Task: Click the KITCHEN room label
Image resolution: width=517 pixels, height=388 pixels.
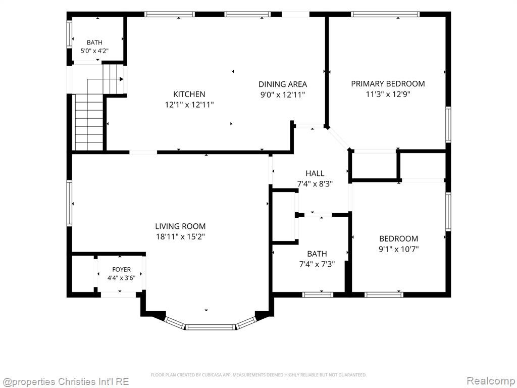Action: coord(189,94)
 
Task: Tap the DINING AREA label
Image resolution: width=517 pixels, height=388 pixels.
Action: coord(283,84)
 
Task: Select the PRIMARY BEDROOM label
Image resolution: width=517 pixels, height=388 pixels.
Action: coord(388,83)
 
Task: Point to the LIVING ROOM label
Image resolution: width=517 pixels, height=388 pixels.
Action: coord(180,226)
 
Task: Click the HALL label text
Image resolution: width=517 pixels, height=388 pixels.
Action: coord(315,173)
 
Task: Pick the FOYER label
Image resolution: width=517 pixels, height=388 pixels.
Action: coord(121,270)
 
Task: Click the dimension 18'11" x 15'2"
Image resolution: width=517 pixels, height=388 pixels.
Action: coord(180,236)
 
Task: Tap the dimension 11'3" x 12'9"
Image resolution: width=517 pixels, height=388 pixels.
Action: coord(388,94)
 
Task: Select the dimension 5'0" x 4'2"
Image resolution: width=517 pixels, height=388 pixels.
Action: coord(94,51)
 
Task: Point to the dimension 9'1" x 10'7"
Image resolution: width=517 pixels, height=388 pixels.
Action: coord(399,249)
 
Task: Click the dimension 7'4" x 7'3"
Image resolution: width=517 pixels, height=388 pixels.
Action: coord(317,264)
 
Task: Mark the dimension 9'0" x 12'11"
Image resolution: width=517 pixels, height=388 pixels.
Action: coord(283,95)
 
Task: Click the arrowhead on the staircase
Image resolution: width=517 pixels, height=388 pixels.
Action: coord(121,79)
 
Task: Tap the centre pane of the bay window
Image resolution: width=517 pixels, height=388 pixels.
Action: coord(210,327)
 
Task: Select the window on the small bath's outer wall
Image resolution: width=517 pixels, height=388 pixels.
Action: coord(70,34)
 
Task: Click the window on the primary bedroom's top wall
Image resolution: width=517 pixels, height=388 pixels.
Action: coord(385,14)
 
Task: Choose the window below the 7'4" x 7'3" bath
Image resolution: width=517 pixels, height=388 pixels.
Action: coord(318,295)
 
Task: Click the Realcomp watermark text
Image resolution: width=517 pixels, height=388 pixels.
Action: coord(491,381)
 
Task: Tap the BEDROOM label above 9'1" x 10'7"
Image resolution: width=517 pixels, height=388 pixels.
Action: coord(399,238)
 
